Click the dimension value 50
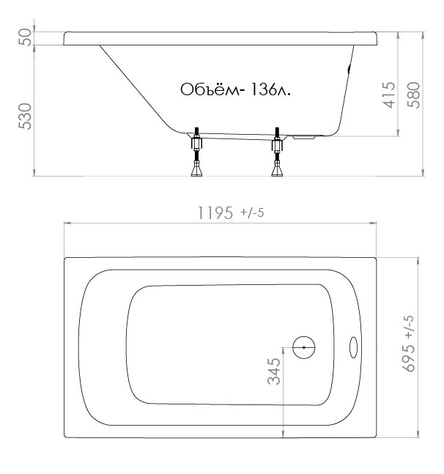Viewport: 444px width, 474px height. [x=25, y=37]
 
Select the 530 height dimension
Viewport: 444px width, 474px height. [x=25, y=116]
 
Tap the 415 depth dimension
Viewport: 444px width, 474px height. [x=389, y=95]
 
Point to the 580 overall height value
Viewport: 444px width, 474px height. [x=414, y=95]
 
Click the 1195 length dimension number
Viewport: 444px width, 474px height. [x=215, y=212]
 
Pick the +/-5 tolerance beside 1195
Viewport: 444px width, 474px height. [x=252, y=212]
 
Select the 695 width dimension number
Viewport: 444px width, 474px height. [x=409, y=358]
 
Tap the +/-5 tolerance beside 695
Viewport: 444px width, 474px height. [x=409, y=327]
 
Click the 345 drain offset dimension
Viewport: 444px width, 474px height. [x=274, y=371]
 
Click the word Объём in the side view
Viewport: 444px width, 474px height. [x=210, y=89]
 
